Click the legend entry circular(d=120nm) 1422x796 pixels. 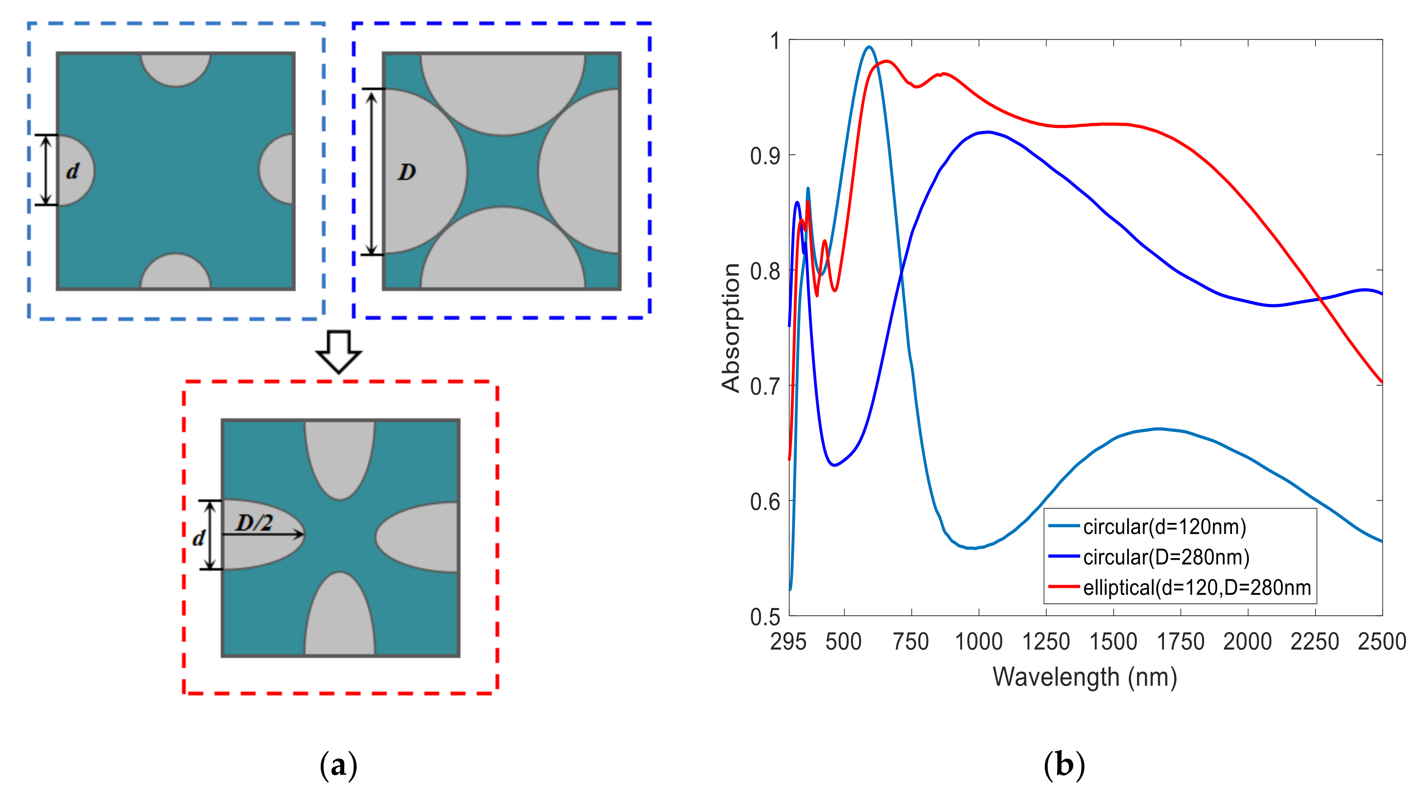point(1164,527)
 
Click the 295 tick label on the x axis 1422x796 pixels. point(788,642)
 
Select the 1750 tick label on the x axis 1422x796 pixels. point(1180,642)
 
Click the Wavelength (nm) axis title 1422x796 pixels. point(1085,677)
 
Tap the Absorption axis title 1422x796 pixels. point(731,328)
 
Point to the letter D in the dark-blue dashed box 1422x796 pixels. point(407,173)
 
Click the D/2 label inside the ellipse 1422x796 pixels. point(254,522)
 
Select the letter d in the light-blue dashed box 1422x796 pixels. point(72,172)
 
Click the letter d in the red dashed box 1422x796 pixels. point(199,538)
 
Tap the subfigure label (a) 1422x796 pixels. point(338,765)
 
